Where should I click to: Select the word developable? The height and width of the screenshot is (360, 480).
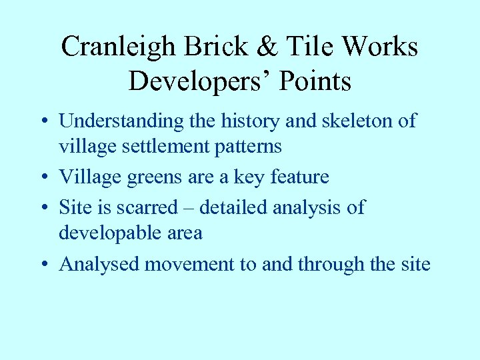tap(107, 233)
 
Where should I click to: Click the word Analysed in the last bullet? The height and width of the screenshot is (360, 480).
tap(100, 265)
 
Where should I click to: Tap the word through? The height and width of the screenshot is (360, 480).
tap(331, 265)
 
